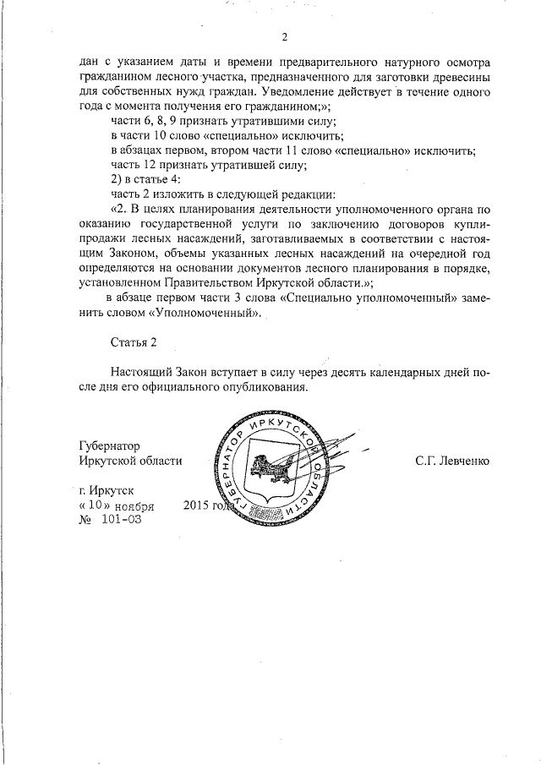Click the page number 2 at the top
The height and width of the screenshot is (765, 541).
click(285, 36)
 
